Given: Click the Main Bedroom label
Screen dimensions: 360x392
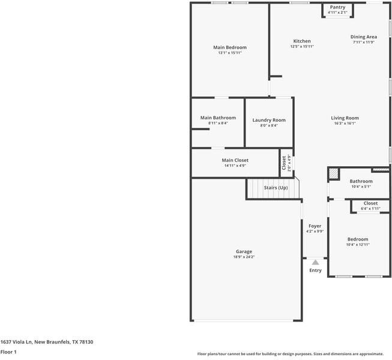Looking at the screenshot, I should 230,47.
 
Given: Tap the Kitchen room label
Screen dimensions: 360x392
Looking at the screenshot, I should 302,41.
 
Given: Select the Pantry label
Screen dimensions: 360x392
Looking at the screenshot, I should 337,7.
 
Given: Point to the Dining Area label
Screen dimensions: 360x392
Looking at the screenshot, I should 364,37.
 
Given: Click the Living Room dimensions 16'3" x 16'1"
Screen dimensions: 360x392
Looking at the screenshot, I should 345,124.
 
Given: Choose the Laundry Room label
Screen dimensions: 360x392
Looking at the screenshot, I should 269,120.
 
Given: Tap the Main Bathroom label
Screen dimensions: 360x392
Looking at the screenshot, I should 218,118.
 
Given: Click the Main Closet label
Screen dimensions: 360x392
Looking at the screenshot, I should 235,160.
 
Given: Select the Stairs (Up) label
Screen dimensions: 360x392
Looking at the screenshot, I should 276,188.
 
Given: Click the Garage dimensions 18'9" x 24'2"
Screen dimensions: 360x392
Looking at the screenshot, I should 244,257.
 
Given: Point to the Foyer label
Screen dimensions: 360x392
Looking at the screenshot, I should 315,226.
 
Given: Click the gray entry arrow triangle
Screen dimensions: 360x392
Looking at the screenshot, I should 315,262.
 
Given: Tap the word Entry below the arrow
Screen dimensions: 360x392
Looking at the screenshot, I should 315,271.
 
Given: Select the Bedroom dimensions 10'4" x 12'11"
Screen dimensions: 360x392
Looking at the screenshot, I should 358,244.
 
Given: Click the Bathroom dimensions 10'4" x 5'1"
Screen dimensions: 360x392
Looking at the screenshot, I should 361,187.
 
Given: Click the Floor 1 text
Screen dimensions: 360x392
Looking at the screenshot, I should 8,352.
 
